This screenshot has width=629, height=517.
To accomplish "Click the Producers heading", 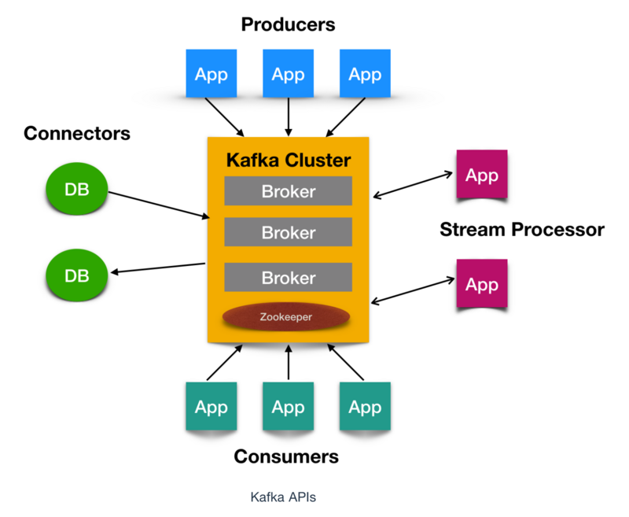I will coord(288,24).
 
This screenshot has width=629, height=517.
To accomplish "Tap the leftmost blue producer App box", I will coord(211,74).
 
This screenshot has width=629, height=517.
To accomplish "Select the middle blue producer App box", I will coord(288,74).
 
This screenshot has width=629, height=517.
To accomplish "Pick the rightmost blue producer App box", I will coord(364,74).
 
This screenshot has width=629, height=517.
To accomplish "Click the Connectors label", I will coord(77,133).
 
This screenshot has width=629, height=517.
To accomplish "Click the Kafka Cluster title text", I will coord(288,161).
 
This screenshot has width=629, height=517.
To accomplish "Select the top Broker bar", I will coord(288,191).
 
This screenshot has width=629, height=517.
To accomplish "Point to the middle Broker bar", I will coord(288,233).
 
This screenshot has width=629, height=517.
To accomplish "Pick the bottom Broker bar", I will coord(288,278).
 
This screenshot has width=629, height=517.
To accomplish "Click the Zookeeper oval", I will coord(285,317).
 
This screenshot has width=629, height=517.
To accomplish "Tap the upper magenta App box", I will coord(481,175).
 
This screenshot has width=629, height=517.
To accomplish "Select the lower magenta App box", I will coord(481,283).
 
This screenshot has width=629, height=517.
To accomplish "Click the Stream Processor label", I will coord(522,230).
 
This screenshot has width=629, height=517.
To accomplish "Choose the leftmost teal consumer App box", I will coord(211,407).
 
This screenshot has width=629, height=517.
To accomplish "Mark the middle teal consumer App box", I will coord(288,407).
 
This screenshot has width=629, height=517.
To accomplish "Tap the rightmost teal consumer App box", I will coord(364,407).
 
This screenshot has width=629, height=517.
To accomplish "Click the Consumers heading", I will coord(287,456).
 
